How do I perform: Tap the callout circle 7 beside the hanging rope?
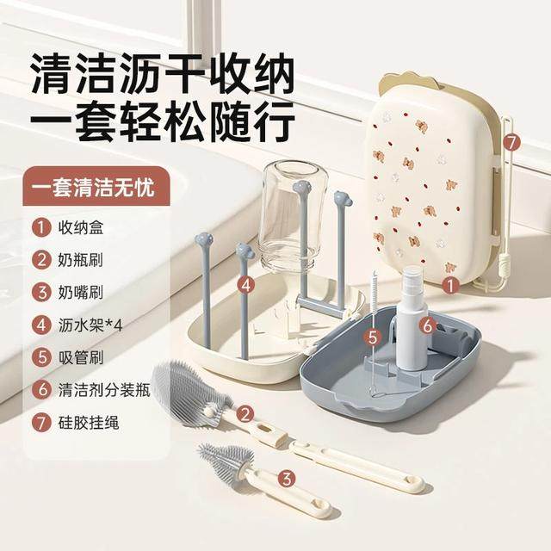511,139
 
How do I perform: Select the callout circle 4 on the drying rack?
247,283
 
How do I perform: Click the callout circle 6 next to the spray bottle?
427,325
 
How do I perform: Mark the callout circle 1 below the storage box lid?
448,281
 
